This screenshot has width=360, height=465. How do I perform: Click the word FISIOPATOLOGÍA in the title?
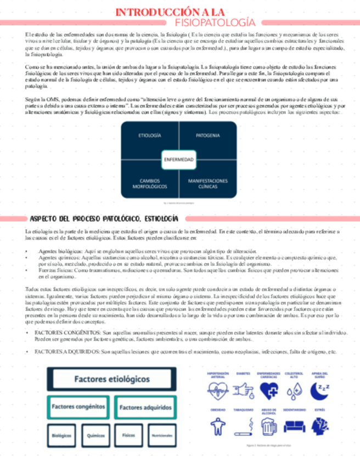point(214,22)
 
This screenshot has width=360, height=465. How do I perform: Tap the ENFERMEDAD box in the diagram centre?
point(179,160)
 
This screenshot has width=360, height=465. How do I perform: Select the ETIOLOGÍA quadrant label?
point(149,135)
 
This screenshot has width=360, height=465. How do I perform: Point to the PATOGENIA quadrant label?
point(208,135)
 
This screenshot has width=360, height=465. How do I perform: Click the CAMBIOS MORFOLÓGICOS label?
point(149,183)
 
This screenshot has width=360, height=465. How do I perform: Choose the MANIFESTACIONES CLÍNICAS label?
point(208,183)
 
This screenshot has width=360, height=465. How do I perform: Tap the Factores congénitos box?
point(78,407)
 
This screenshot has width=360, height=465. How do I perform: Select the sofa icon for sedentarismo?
point(294,426)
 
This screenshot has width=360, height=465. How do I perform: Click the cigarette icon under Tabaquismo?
point(244,425)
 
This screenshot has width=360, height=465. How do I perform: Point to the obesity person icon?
point(218,426)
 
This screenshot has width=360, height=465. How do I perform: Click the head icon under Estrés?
point(319,425)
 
